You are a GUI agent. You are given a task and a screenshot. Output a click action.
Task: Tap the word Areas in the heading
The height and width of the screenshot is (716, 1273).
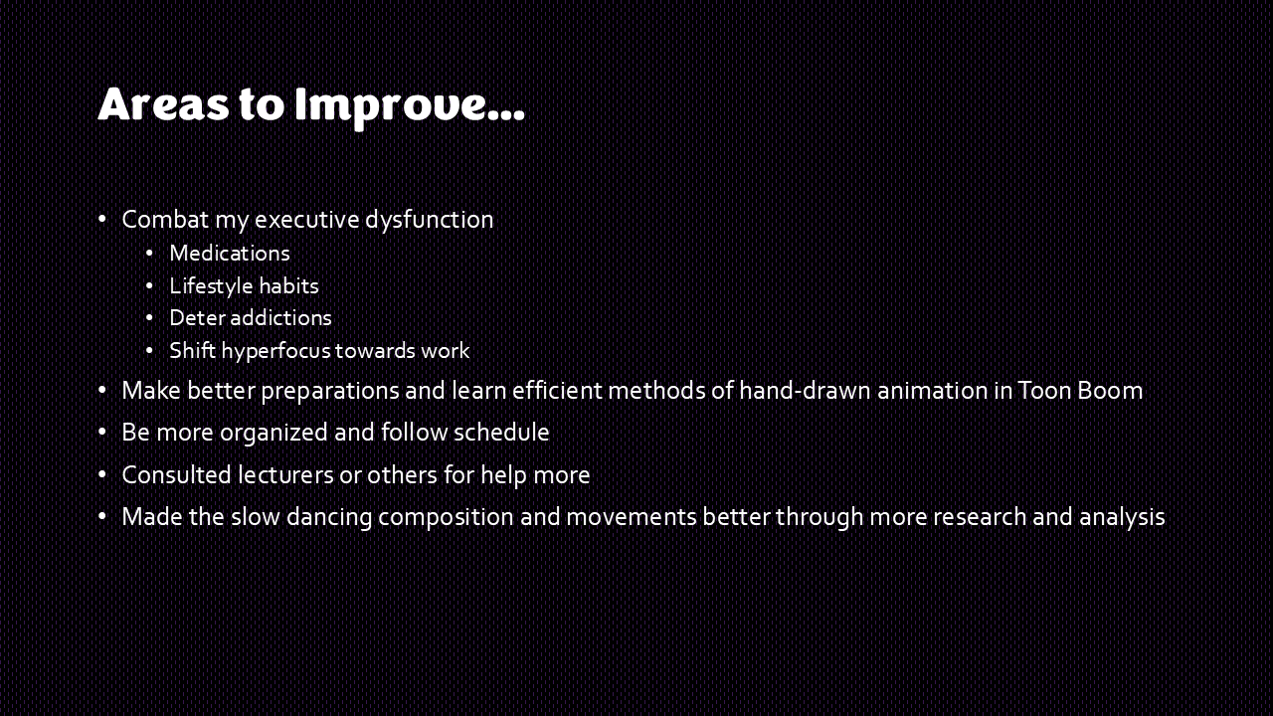coord(164,104)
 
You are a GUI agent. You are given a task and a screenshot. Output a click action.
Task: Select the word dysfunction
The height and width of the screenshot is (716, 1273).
coord(429,220)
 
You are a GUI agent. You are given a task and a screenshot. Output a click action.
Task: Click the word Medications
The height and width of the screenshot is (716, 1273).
coord(230,254)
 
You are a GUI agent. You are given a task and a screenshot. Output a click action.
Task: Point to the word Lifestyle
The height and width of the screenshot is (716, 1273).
coord(211,286)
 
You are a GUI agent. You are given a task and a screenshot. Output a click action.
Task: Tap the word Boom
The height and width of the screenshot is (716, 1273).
coord(1110,391)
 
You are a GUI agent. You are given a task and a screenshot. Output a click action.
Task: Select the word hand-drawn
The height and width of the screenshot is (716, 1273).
coord(805,391)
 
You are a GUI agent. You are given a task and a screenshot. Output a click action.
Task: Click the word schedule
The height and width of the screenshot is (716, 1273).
coord(501,433)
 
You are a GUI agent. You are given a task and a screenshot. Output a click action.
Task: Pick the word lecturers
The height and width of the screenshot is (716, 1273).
coord(285,475)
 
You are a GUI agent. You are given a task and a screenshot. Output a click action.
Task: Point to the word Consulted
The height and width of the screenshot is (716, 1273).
coord(176,475)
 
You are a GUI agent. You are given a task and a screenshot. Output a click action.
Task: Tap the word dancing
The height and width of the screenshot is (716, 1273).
coord(329,518)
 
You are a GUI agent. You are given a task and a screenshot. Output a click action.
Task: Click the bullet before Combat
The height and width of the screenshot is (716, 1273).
coord(102,220)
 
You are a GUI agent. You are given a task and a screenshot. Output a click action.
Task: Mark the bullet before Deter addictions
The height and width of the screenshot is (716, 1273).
coord(149,318)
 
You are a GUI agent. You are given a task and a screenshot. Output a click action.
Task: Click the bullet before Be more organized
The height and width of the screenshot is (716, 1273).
coord(102,433)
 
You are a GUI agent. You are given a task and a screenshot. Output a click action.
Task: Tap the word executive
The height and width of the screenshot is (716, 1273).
coord(307,220)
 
